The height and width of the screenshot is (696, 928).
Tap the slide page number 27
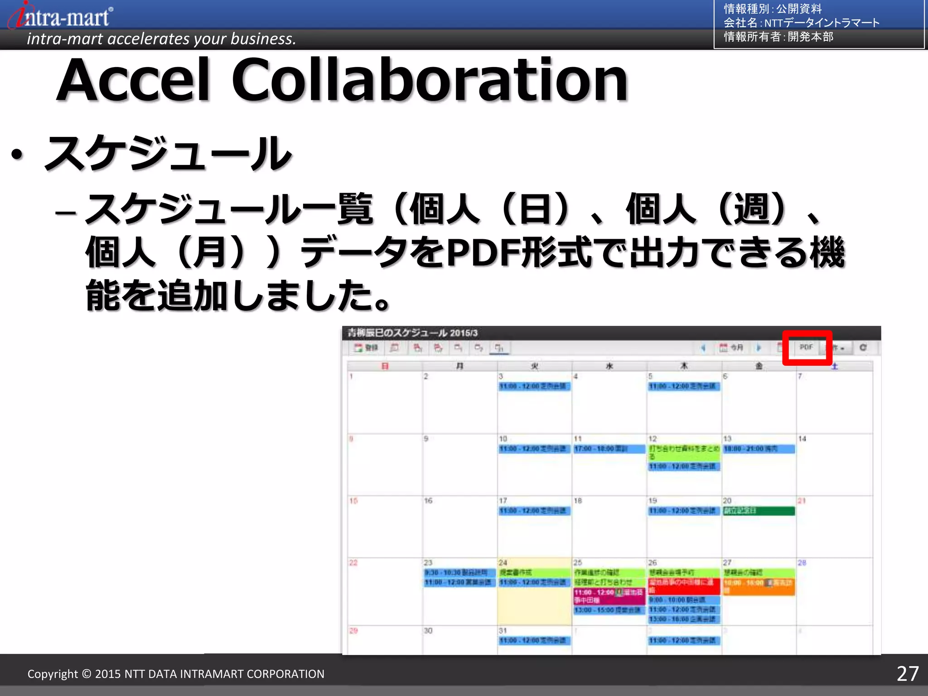point(907,674)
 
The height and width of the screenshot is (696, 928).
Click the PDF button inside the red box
point(806,347)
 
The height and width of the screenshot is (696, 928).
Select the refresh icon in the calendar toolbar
point(863,348)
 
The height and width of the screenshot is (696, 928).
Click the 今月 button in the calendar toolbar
point(731,348)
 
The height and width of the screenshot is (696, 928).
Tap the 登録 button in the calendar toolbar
point(366,348)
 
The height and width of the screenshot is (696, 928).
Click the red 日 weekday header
point(385,366)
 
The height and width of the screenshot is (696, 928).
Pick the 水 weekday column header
point(609,366)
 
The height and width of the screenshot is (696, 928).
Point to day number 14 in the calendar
point(802,439)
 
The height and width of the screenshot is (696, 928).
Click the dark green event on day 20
point(759,511)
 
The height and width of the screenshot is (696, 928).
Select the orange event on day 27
point(759,586)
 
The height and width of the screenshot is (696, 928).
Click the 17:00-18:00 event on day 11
point(609,449)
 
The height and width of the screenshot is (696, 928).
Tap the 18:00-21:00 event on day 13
point(759,449)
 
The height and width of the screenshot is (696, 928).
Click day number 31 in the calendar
point(503,630)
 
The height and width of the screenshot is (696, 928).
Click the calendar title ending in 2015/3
point(412,333)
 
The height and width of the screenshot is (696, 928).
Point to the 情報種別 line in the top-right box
point(773,9)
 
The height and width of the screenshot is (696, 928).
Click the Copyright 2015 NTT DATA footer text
point(176,674)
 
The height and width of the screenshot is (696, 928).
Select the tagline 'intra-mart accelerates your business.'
point(161,39)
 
